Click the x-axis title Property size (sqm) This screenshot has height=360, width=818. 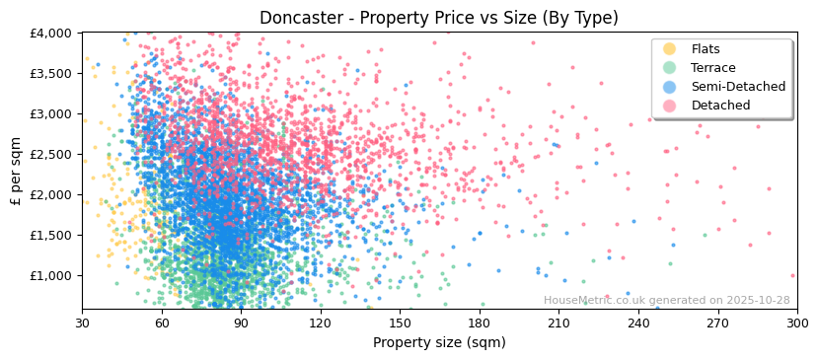coord(439,342)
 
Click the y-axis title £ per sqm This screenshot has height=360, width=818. coord(17,172)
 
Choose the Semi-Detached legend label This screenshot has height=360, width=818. coord(738,87)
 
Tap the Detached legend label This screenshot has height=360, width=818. coord(720,106)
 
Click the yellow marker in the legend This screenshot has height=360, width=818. coord(670,49)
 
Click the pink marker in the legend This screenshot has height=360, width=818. coord(670,106)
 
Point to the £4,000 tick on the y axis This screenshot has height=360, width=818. coord(51,33)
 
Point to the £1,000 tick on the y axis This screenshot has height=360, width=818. coord(51,275)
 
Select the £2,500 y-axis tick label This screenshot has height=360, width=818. coord(51,154)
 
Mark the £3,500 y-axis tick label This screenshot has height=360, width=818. coord(51,73)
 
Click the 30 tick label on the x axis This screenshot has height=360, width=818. coord(82,323)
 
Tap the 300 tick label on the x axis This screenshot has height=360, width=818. coord(796,323)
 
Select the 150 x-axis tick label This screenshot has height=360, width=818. coord(400,323)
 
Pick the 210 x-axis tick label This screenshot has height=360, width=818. coord(558,323)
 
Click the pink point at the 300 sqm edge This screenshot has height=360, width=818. coord(792,276)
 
